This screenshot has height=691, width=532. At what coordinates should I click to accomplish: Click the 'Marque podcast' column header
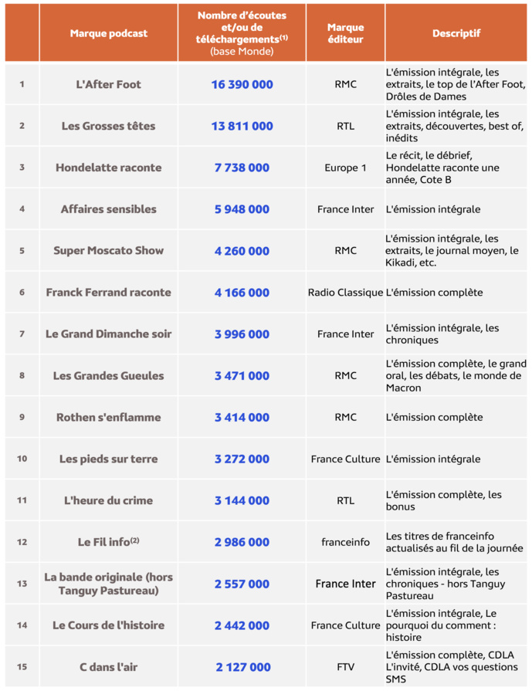[x=108, y=33]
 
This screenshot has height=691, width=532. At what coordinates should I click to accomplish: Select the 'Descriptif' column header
[x=456, y=33]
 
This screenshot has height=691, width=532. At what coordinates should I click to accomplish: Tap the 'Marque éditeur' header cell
[x=345, y=33]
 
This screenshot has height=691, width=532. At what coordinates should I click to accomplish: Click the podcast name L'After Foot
[x=108, y=84]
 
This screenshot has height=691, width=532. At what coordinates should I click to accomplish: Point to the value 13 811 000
[x=242, y=126]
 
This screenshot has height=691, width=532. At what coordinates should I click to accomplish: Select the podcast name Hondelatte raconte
[x=108, y=168]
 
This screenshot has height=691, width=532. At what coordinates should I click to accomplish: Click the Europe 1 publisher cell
[x=345, y=168]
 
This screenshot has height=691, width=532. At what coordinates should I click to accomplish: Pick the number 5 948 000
[x=242, y=209]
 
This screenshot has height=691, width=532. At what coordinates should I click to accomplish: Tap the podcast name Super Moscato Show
[x=108, y=251]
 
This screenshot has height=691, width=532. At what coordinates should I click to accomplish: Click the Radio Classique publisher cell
[x=345, y=293]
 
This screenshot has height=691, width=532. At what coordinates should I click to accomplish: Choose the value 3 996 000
[x=242, y=334]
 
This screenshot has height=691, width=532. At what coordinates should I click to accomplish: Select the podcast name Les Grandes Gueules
[x=108, y=376]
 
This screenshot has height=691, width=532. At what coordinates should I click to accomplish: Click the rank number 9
[x=22, y=418]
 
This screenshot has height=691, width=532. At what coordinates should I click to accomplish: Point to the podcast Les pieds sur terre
[x=108, y=459]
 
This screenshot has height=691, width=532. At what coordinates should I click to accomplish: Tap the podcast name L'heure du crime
[x=108, y=501]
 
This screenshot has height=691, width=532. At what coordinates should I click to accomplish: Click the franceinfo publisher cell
[x=345, y=543]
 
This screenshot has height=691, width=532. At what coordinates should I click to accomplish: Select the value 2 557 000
[x=242, y=584]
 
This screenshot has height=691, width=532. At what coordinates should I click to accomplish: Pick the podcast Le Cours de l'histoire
[x=108, y=625]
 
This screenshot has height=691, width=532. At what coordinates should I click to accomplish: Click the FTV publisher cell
[x=345, y=667]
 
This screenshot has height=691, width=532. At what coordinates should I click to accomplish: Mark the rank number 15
[x=22, y=667]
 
